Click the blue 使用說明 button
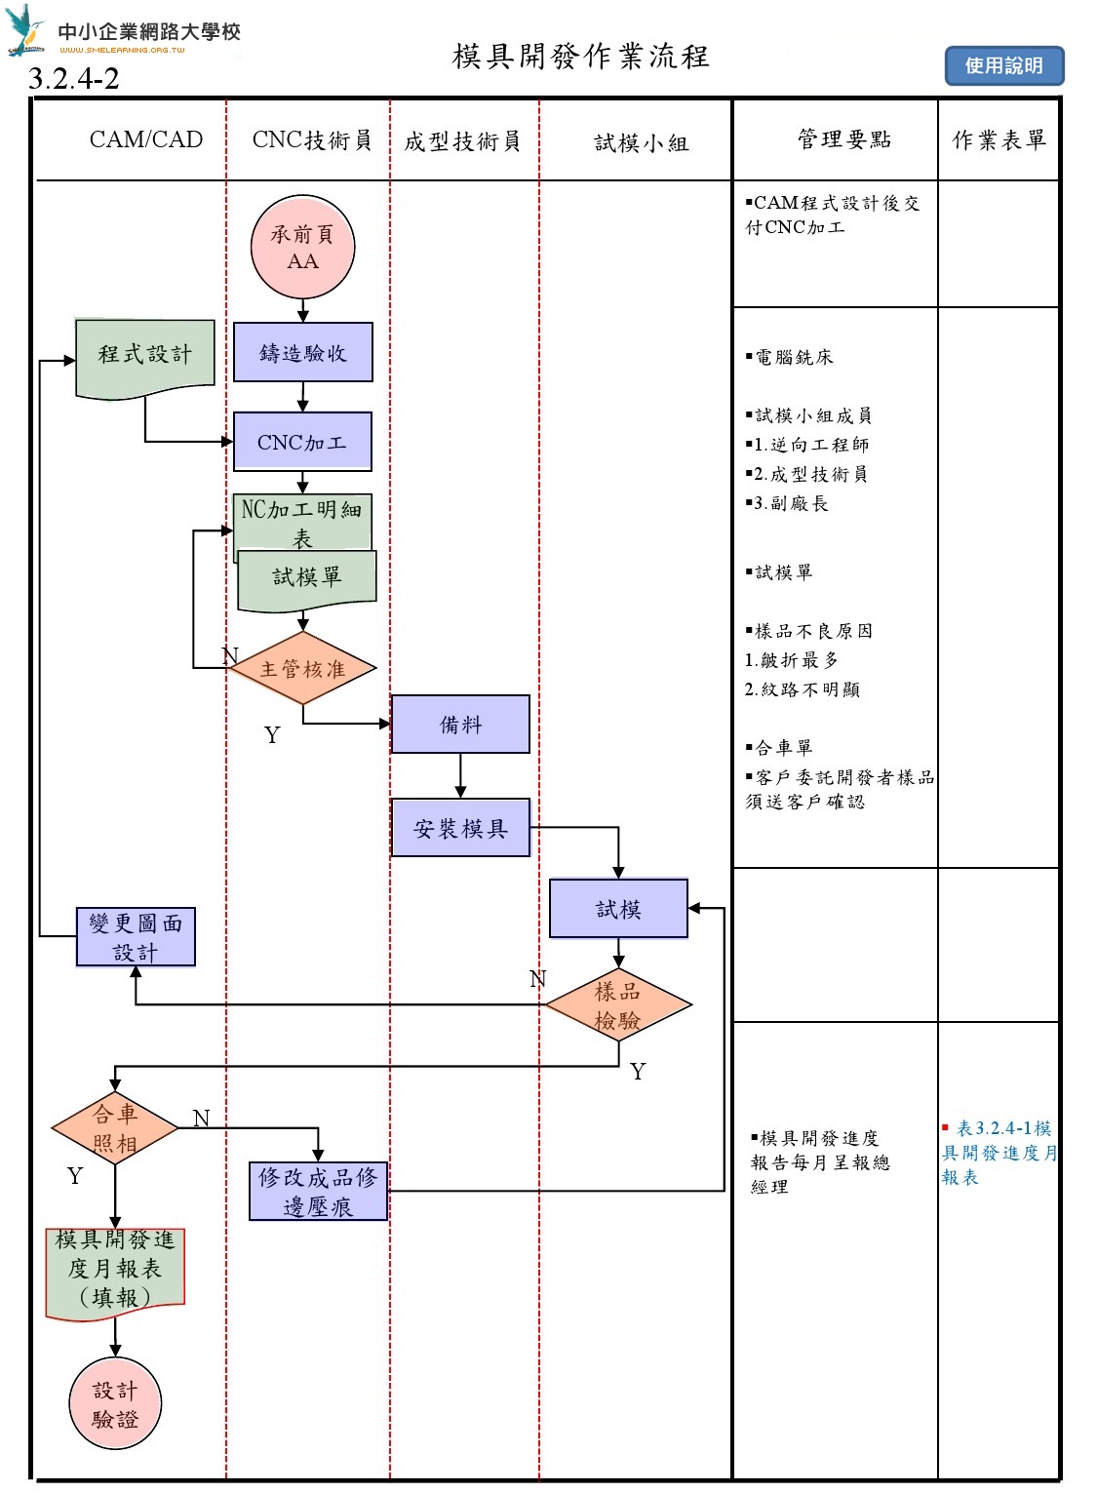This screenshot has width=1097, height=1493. tap(1003, 65)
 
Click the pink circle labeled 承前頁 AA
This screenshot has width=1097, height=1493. tap(302, 247)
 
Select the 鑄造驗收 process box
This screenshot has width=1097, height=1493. tap(302, 352)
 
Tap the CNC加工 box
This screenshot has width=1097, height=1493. tap(302, 442)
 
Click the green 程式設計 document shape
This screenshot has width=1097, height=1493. tap(145, 356)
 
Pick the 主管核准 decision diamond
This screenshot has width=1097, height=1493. tap(302, 669)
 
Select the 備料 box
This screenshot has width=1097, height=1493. tap(460, 725)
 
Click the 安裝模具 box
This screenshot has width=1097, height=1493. tap(460, 828)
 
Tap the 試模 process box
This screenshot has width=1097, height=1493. tap(618, 909)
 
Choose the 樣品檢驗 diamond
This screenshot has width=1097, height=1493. tap(618, 1005)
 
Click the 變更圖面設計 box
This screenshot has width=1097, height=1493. tap(136, 937)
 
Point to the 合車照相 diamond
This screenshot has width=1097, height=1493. tap(115, 1128)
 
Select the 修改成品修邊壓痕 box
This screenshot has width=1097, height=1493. tap(318, 1191)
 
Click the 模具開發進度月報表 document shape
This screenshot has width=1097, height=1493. tap(115, 1269)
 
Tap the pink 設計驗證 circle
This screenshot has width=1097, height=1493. tap(115, 1404)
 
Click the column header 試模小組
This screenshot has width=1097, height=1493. tap(642, 143)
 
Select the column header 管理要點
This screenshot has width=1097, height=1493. tap(843, 139)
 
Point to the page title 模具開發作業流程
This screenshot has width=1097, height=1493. tap(580, 57)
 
